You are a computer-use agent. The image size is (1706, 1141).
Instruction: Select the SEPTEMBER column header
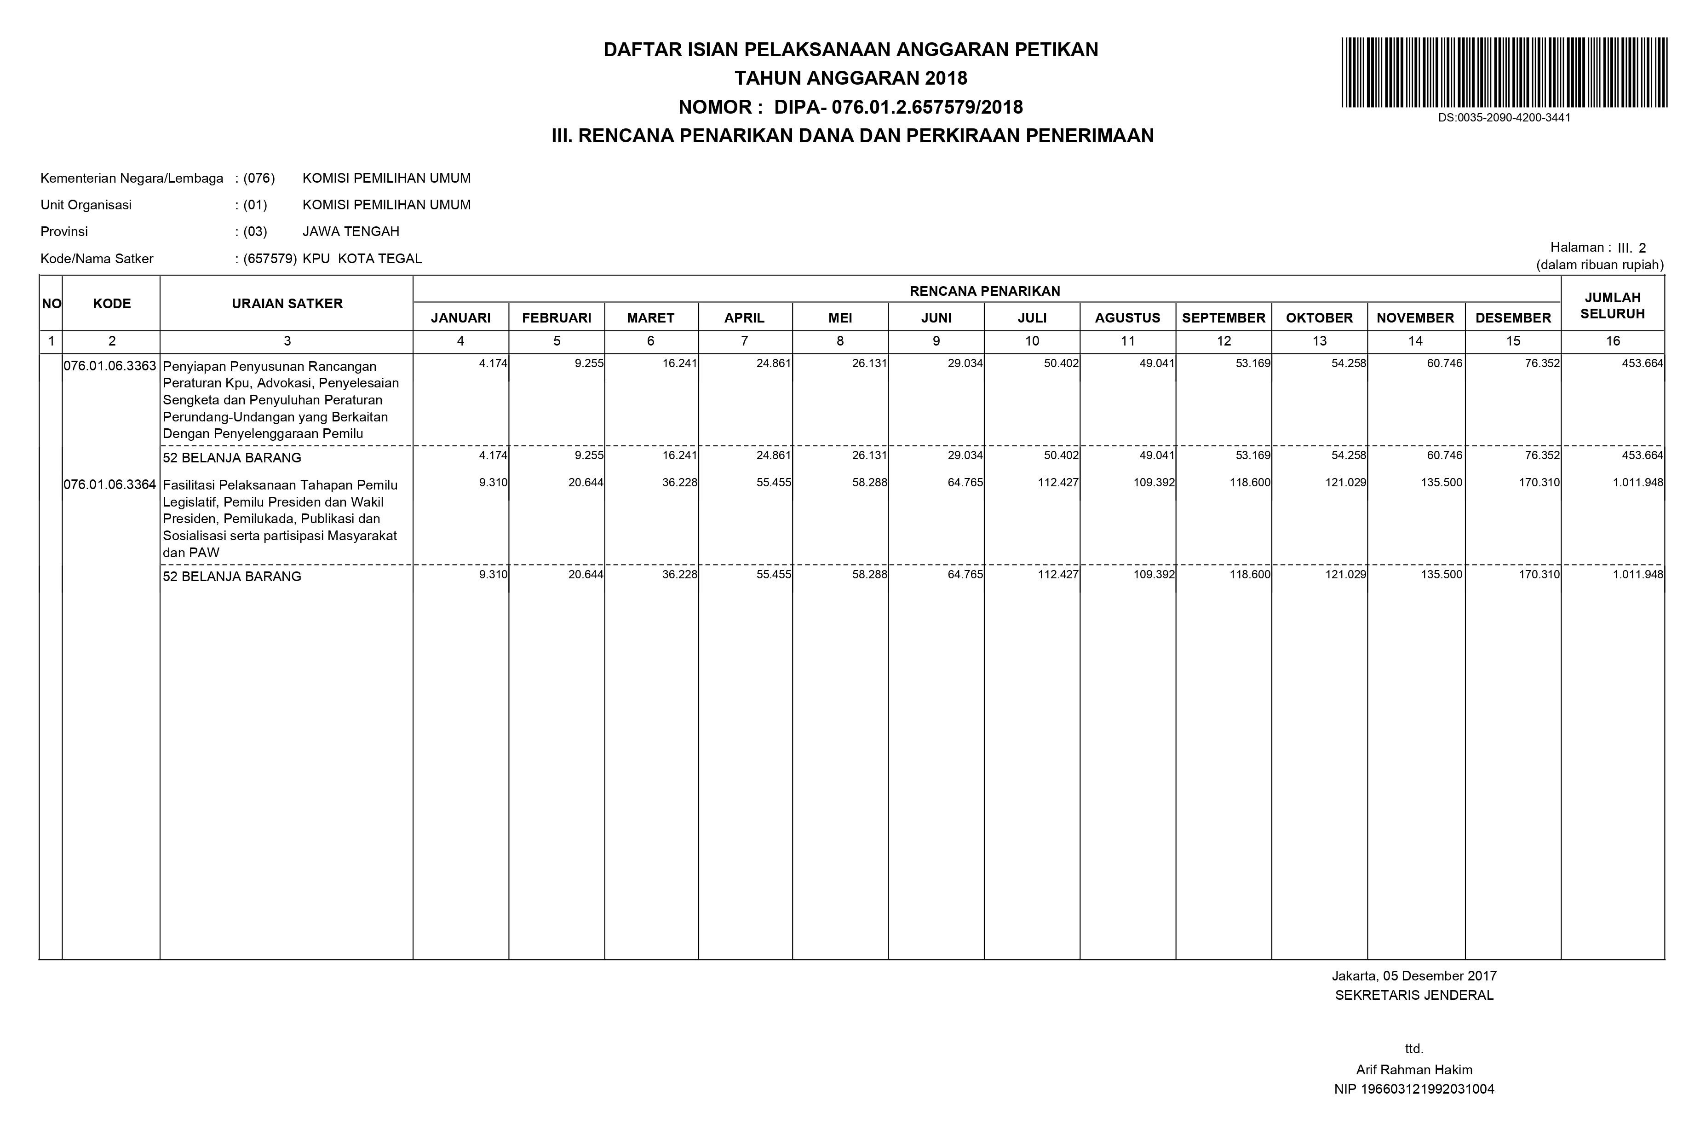point(1223,318)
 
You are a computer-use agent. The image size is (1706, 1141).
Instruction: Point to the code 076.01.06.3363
point(110,366)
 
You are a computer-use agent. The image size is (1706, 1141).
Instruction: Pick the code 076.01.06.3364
point(110,484)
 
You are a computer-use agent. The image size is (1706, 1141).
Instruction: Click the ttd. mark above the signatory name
point(1413,1049)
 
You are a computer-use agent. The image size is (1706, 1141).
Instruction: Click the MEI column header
point(840,318)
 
